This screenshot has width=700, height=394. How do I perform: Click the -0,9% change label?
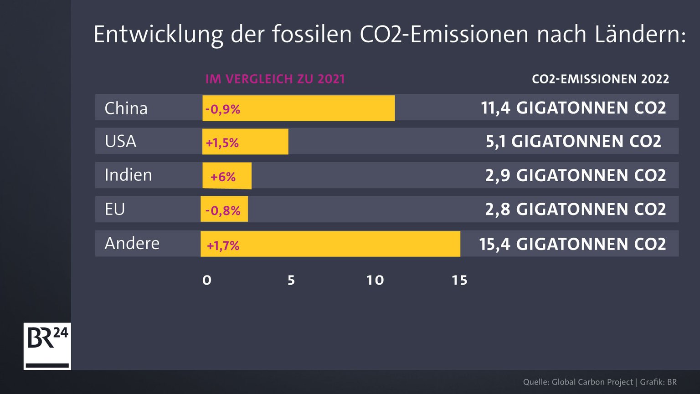tap(222, 109)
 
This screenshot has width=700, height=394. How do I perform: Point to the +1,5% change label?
tap(222, 143)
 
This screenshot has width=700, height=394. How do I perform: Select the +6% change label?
tap(223, 177)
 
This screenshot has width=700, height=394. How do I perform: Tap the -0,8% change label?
tap(222, 210)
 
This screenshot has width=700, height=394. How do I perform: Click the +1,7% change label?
tap(223, 246)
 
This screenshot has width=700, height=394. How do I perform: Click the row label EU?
tap(115, 210)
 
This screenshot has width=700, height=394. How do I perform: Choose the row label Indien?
tap(128, 175)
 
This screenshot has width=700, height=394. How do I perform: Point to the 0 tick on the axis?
tap(207, 280)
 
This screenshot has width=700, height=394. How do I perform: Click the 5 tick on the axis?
tap(291, 280)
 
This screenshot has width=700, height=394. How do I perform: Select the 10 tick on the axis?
tap(375, 280)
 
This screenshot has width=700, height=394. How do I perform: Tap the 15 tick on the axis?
tap(459, 280)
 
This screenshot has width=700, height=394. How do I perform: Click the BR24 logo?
tap(47, 346)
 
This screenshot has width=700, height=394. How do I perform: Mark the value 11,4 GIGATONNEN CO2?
tap(573, 108)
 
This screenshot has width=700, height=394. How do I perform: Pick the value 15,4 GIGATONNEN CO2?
tap(572, 244)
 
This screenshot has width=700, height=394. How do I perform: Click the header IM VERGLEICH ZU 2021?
tap(275, 79)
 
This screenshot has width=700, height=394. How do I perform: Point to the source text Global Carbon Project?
tap(592, 382)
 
